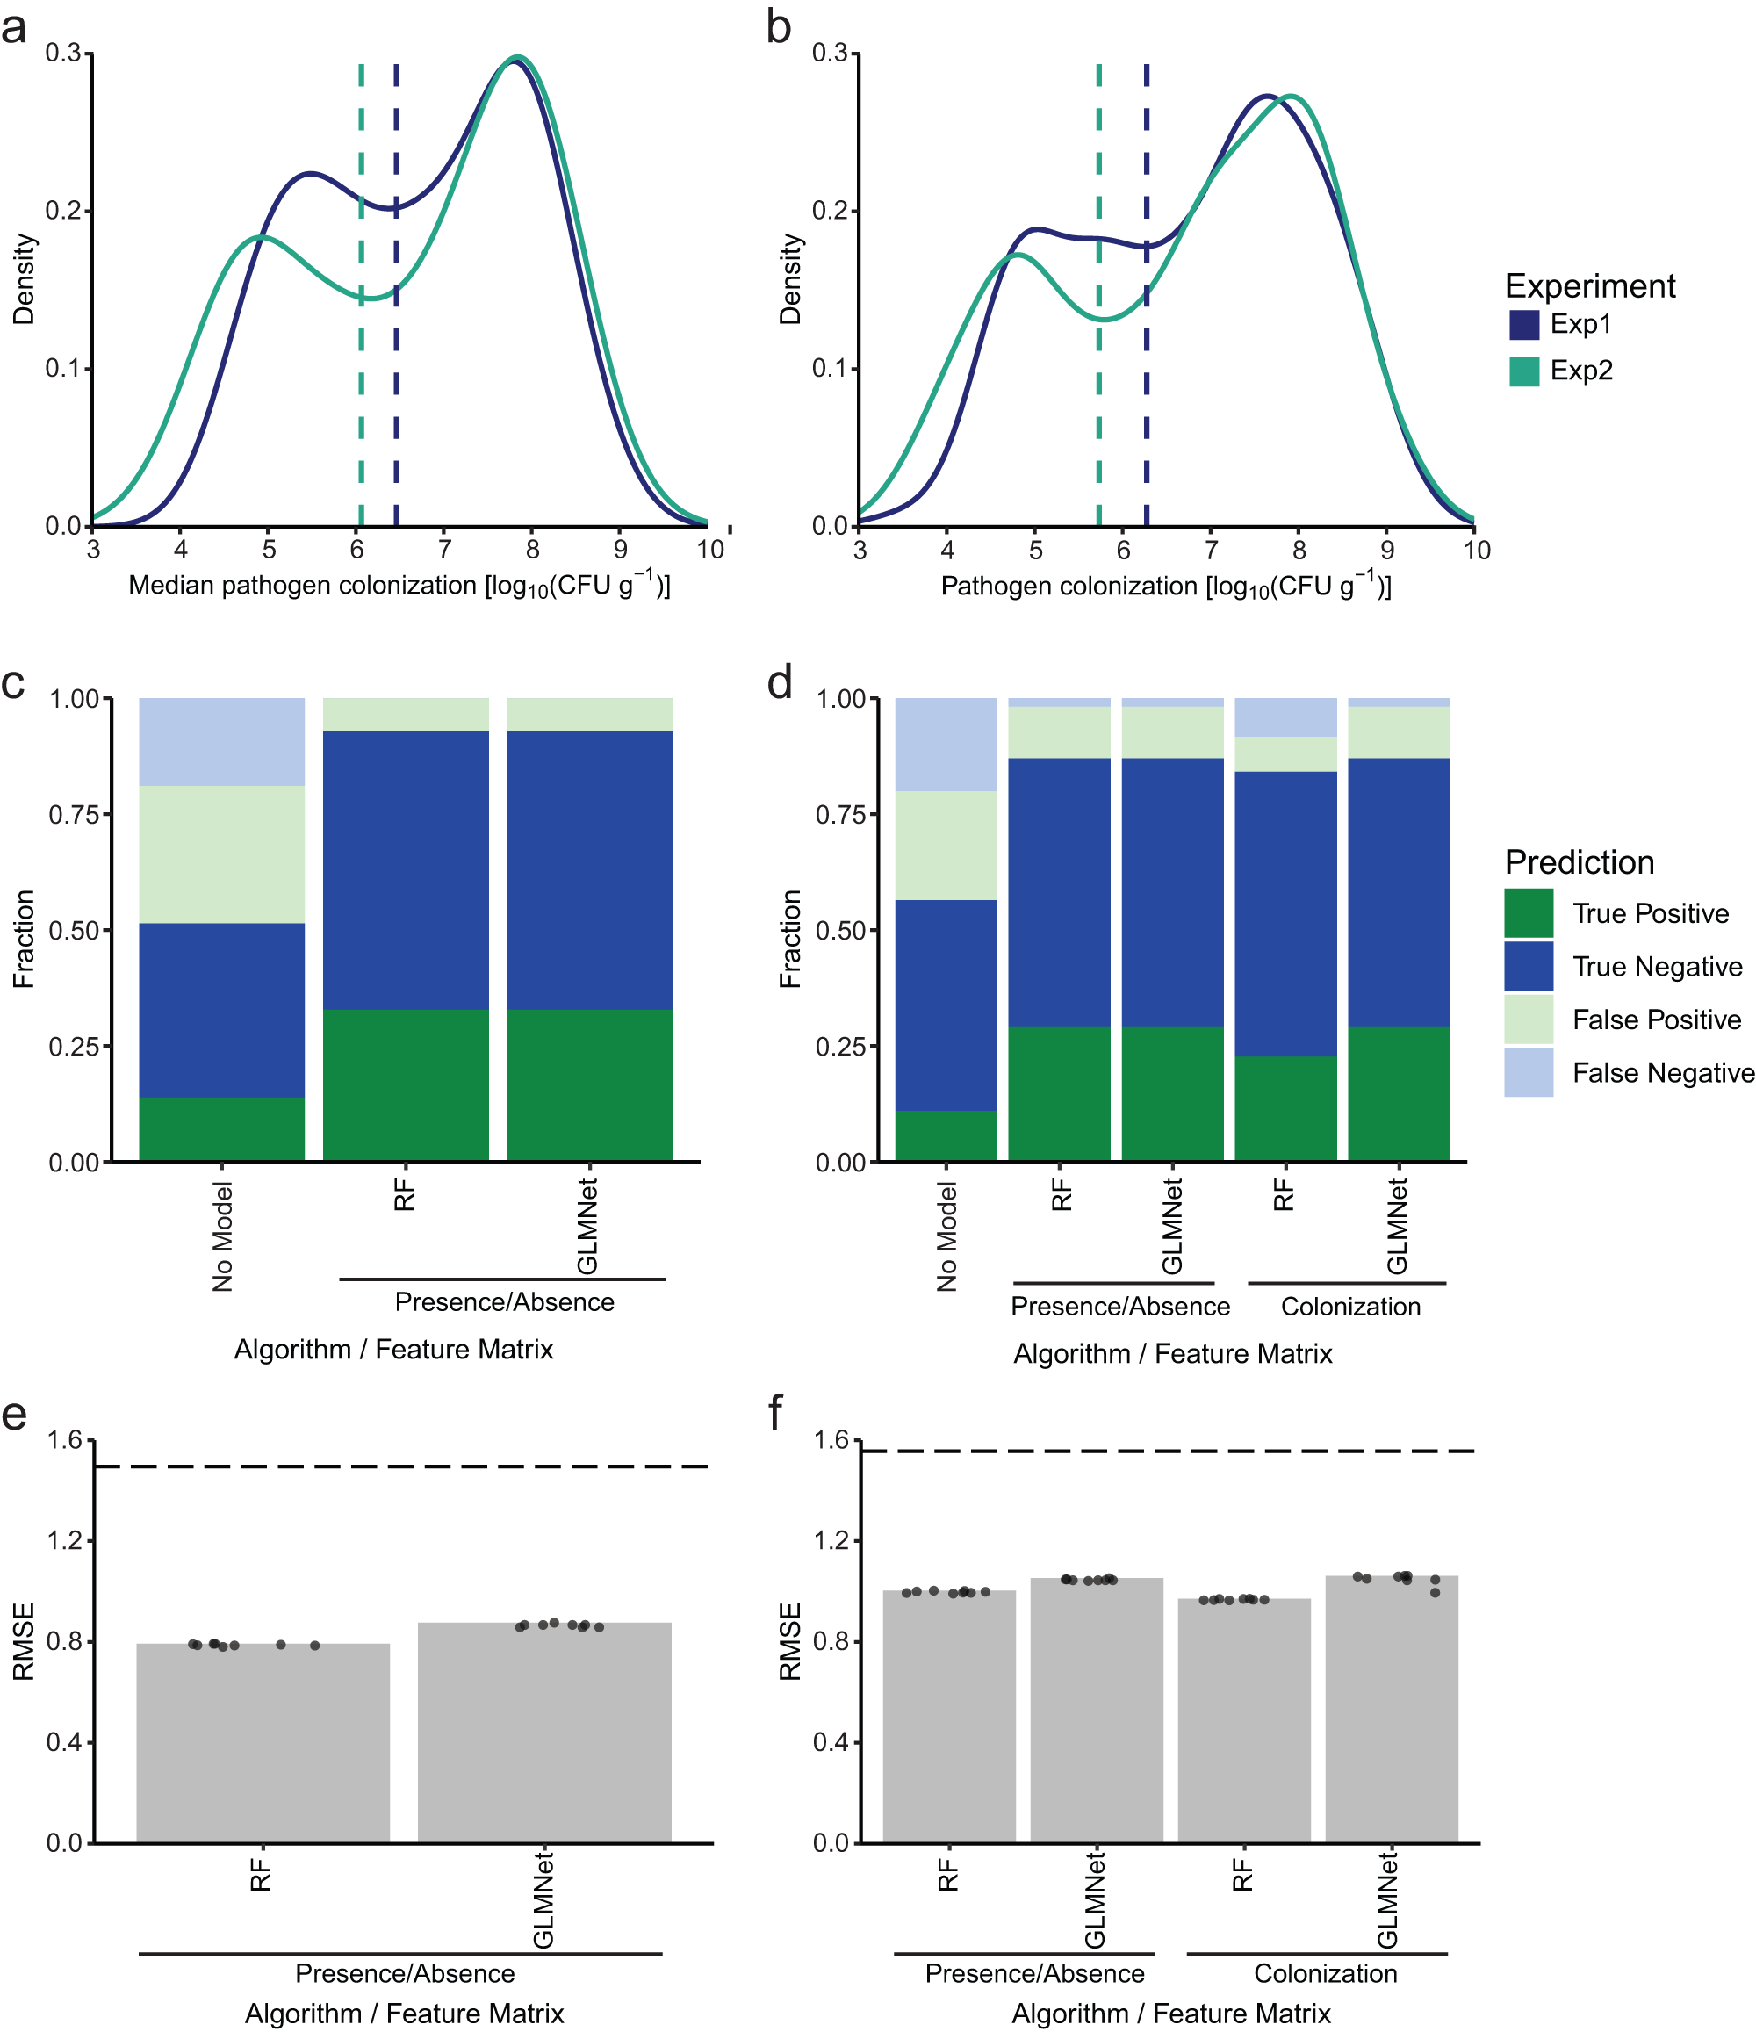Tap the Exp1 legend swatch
point(1523,325)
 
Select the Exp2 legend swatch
point(1523,371)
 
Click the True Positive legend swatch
point(1528,913)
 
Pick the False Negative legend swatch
point(1528,1072)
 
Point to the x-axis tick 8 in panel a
point(532,549)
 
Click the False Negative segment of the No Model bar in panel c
point(221,741)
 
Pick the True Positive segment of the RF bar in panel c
point(405,1084)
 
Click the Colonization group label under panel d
point(1350,1307)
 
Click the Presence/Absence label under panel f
point(1034,1973)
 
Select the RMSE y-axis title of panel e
point(24,1640)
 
